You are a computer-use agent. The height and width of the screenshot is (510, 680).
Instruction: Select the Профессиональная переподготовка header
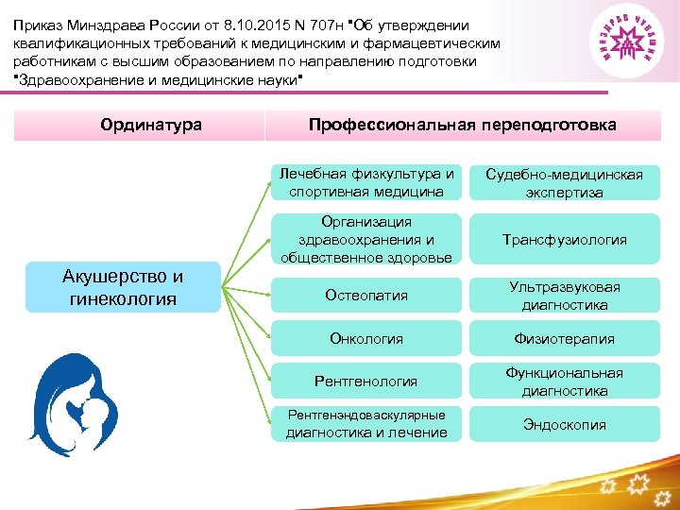463,125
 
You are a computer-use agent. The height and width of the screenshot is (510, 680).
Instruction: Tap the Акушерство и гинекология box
123,287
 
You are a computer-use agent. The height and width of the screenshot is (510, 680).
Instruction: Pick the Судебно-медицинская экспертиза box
564,183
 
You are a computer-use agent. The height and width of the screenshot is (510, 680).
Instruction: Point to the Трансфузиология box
564,240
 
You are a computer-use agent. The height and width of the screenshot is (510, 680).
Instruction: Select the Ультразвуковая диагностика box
564,296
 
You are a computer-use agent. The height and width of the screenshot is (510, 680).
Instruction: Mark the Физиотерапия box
564,338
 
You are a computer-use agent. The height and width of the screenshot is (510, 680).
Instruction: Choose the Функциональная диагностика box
564,382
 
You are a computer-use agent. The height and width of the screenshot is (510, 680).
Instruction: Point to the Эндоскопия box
564,425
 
